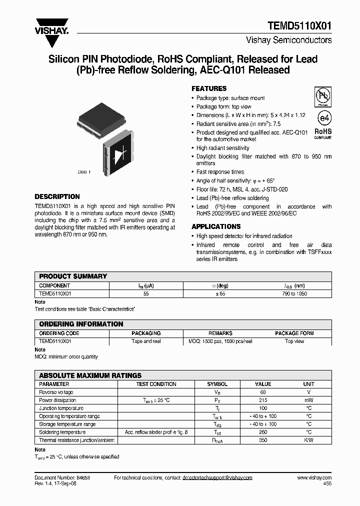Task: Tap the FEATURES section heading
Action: coord(209,88)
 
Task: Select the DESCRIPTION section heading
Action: coord(57,196)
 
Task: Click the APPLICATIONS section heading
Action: coord(216,226)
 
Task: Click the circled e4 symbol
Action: coord(323,117)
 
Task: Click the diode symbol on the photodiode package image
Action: coord(119,154)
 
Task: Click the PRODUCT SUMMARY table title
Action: coord(73,276)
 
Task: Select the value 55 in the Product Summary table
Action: coord(146,293)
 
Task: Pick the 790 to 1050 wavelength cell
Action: coord(294,293)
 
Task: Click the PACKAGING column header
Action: coord(146,333)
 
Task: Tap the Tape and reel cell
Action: coord(146,341)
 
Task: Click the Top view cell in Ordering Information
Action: coord(294,341)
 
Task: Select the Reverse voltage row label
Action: coord(56,392)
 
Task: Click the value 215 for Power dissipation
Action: coord(263,400)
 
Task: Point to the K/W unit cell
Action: coord(308,440)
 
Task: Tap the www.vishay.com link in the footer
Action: coord(314,478)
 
